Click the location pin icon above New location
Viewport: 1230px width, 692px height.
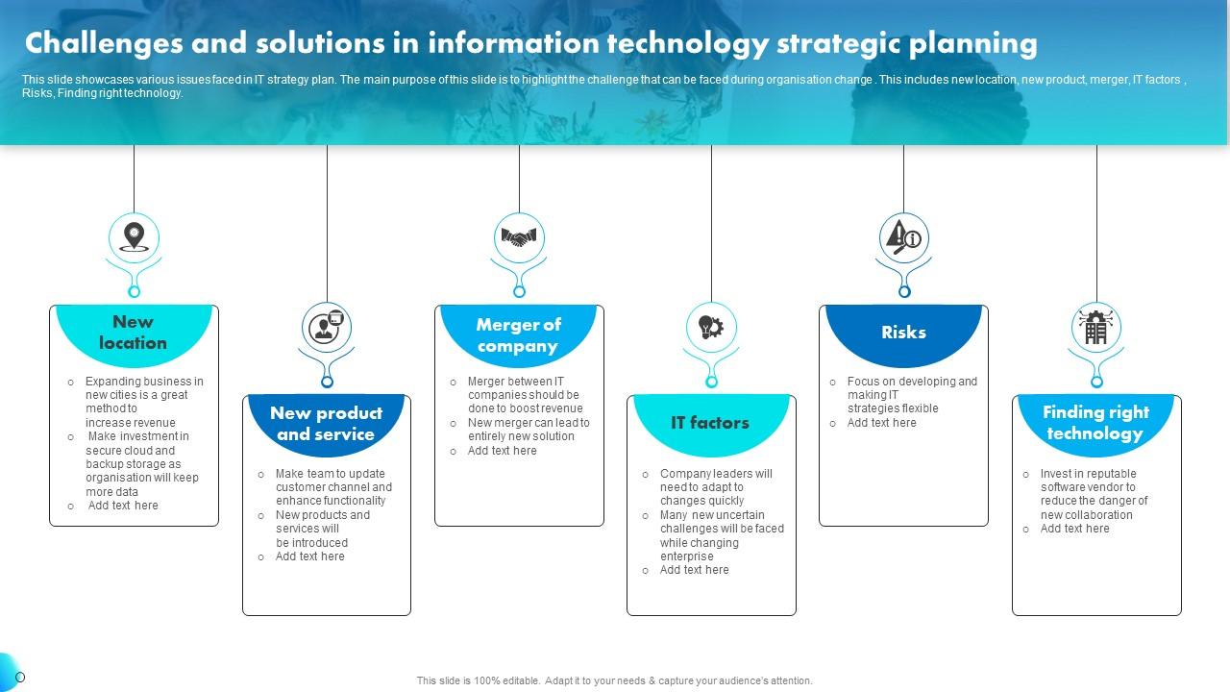tap(134, 237)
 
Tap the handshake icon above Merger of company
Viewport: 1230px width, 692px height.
tap(519, 237)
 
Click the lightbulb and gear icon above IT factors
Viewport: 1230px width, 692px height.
tap(711, 327)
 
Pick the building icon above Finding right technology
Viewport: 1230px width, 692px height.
tap(1096, 328)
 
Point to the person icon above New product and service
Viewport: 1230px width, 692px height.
tap(326, 327)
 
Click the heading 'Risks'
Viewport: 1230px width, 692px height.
tap(903, 333)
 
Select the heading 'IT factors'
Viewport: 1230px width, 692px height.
tap(710, 422)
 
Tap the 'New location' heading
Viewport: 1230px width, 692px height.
tap(133, 333)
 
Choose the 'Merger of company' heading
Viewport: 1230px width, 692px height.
tap(518, 335)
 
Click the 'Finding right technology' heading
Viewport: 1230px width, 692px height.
tap(1095, 422)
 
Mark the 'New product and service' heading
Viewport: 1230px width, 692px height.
tap(326, 424)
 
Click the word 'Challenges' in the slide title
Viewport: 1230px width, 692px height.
tap(104, 44)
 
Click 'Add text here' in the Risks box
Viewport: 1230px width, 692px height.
tap(881, 423)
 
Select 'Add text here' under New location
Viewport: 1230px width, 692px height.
tap(123, 506)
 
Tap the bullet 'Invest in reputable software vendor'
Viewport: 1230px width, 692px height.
tap(1087, 494)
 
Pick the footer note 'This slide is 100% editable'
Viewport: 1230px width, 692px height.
tap(614, 680)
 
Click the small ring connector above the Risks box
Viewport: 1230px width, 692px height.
tap(904, 291)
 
